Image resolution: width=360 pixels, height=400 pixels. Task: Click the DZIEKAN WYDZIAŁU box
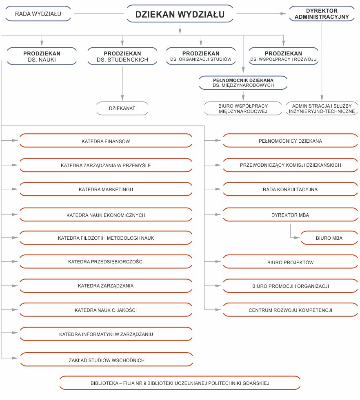(180, 14)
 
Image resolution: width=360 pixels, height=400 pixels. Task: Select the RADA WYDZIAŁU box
(38, 14)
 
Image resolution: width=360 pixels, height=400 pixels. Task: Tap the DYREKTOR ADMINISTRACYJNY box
(322, 14)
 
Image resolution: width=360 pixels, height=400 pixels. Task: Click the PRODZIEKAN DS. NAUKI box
(42, 56)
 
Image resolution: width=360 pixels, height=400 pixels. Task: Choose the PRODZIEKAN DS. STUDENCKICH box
(122, 56)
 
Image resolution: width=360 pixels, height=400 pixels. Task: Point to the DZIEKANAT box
(122, 108)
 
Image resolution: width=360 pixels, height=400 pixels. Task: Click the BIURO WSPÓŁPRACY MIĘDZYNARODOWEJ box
(243, 108)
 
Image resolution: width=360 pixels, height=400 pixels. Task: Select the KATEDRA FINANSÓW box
(106, 141)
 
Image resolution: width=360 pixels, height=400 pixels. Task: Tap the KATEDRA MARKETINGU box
(106, 189)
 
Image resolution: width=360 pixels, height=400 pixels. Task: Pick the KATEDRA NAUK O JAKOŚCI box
(106, 310)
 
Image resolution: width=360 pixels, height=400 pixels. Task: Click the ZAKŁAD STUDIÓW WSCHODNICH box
(107, 360)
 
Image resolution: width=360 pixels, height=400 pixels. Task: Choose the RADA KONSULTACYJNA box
(290, 189)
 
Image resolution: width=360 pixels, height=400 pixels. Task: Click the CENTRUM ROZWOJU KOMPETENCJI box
(290, 310)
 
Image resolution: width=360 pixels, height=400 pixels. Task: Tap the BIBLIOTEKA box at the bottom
(180, 383)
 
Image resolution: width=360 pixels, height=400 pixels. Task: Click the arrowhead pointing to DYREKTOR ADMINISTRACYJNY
(283, 13)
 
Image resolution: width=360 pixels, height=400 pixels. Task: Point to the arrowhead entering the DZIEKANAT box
(122, 98)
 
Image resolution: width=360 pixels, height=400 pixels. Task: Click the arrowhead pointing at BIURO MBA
(297, 237)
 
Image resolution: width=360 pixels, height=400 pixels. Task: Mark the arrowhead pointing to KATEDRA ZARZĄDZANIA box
(15, 286)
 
